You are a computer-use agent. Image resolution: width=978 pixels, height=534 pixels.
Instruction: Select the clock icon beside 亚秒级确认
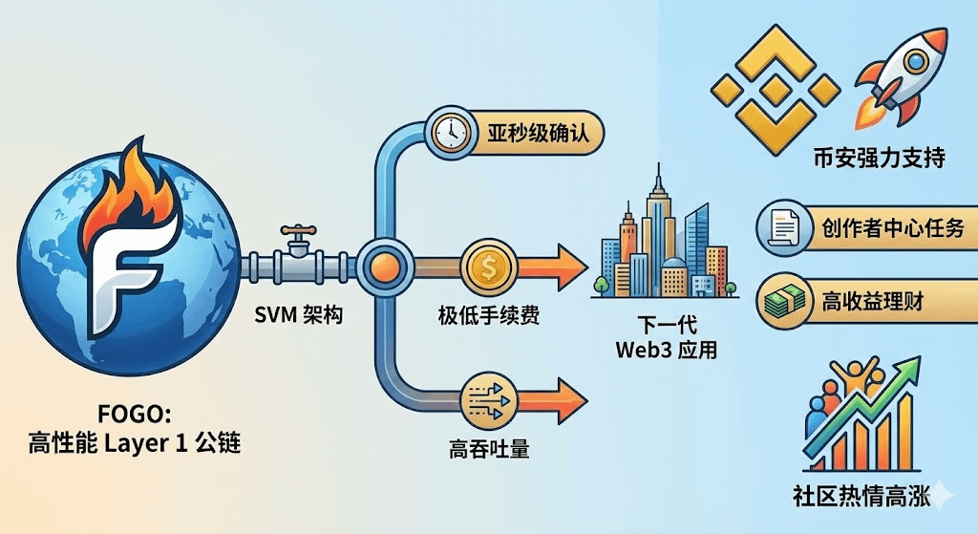(447, 134)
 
